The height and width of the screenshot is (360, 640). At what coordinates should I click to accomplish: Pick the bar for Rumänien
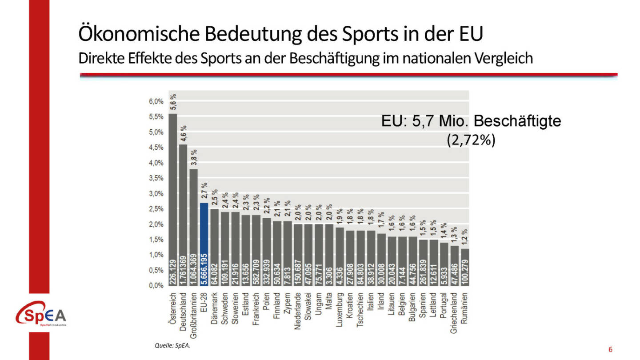point(465,267)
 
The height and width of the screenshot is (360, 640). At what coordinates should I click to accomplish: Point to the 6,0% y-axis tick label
point(156,102)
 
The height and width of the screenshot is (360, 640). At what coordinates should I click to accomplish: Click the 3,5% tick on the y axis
point(156,178)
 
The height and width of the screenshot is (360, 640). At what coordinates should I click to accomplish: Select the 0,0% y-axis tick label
point(156,285)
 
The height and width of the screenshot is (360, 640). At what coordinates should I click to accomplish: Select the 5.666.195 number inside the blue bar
point(204,267)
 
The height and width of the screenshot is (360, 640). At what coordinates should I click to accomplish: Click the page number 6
point(610,349)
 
